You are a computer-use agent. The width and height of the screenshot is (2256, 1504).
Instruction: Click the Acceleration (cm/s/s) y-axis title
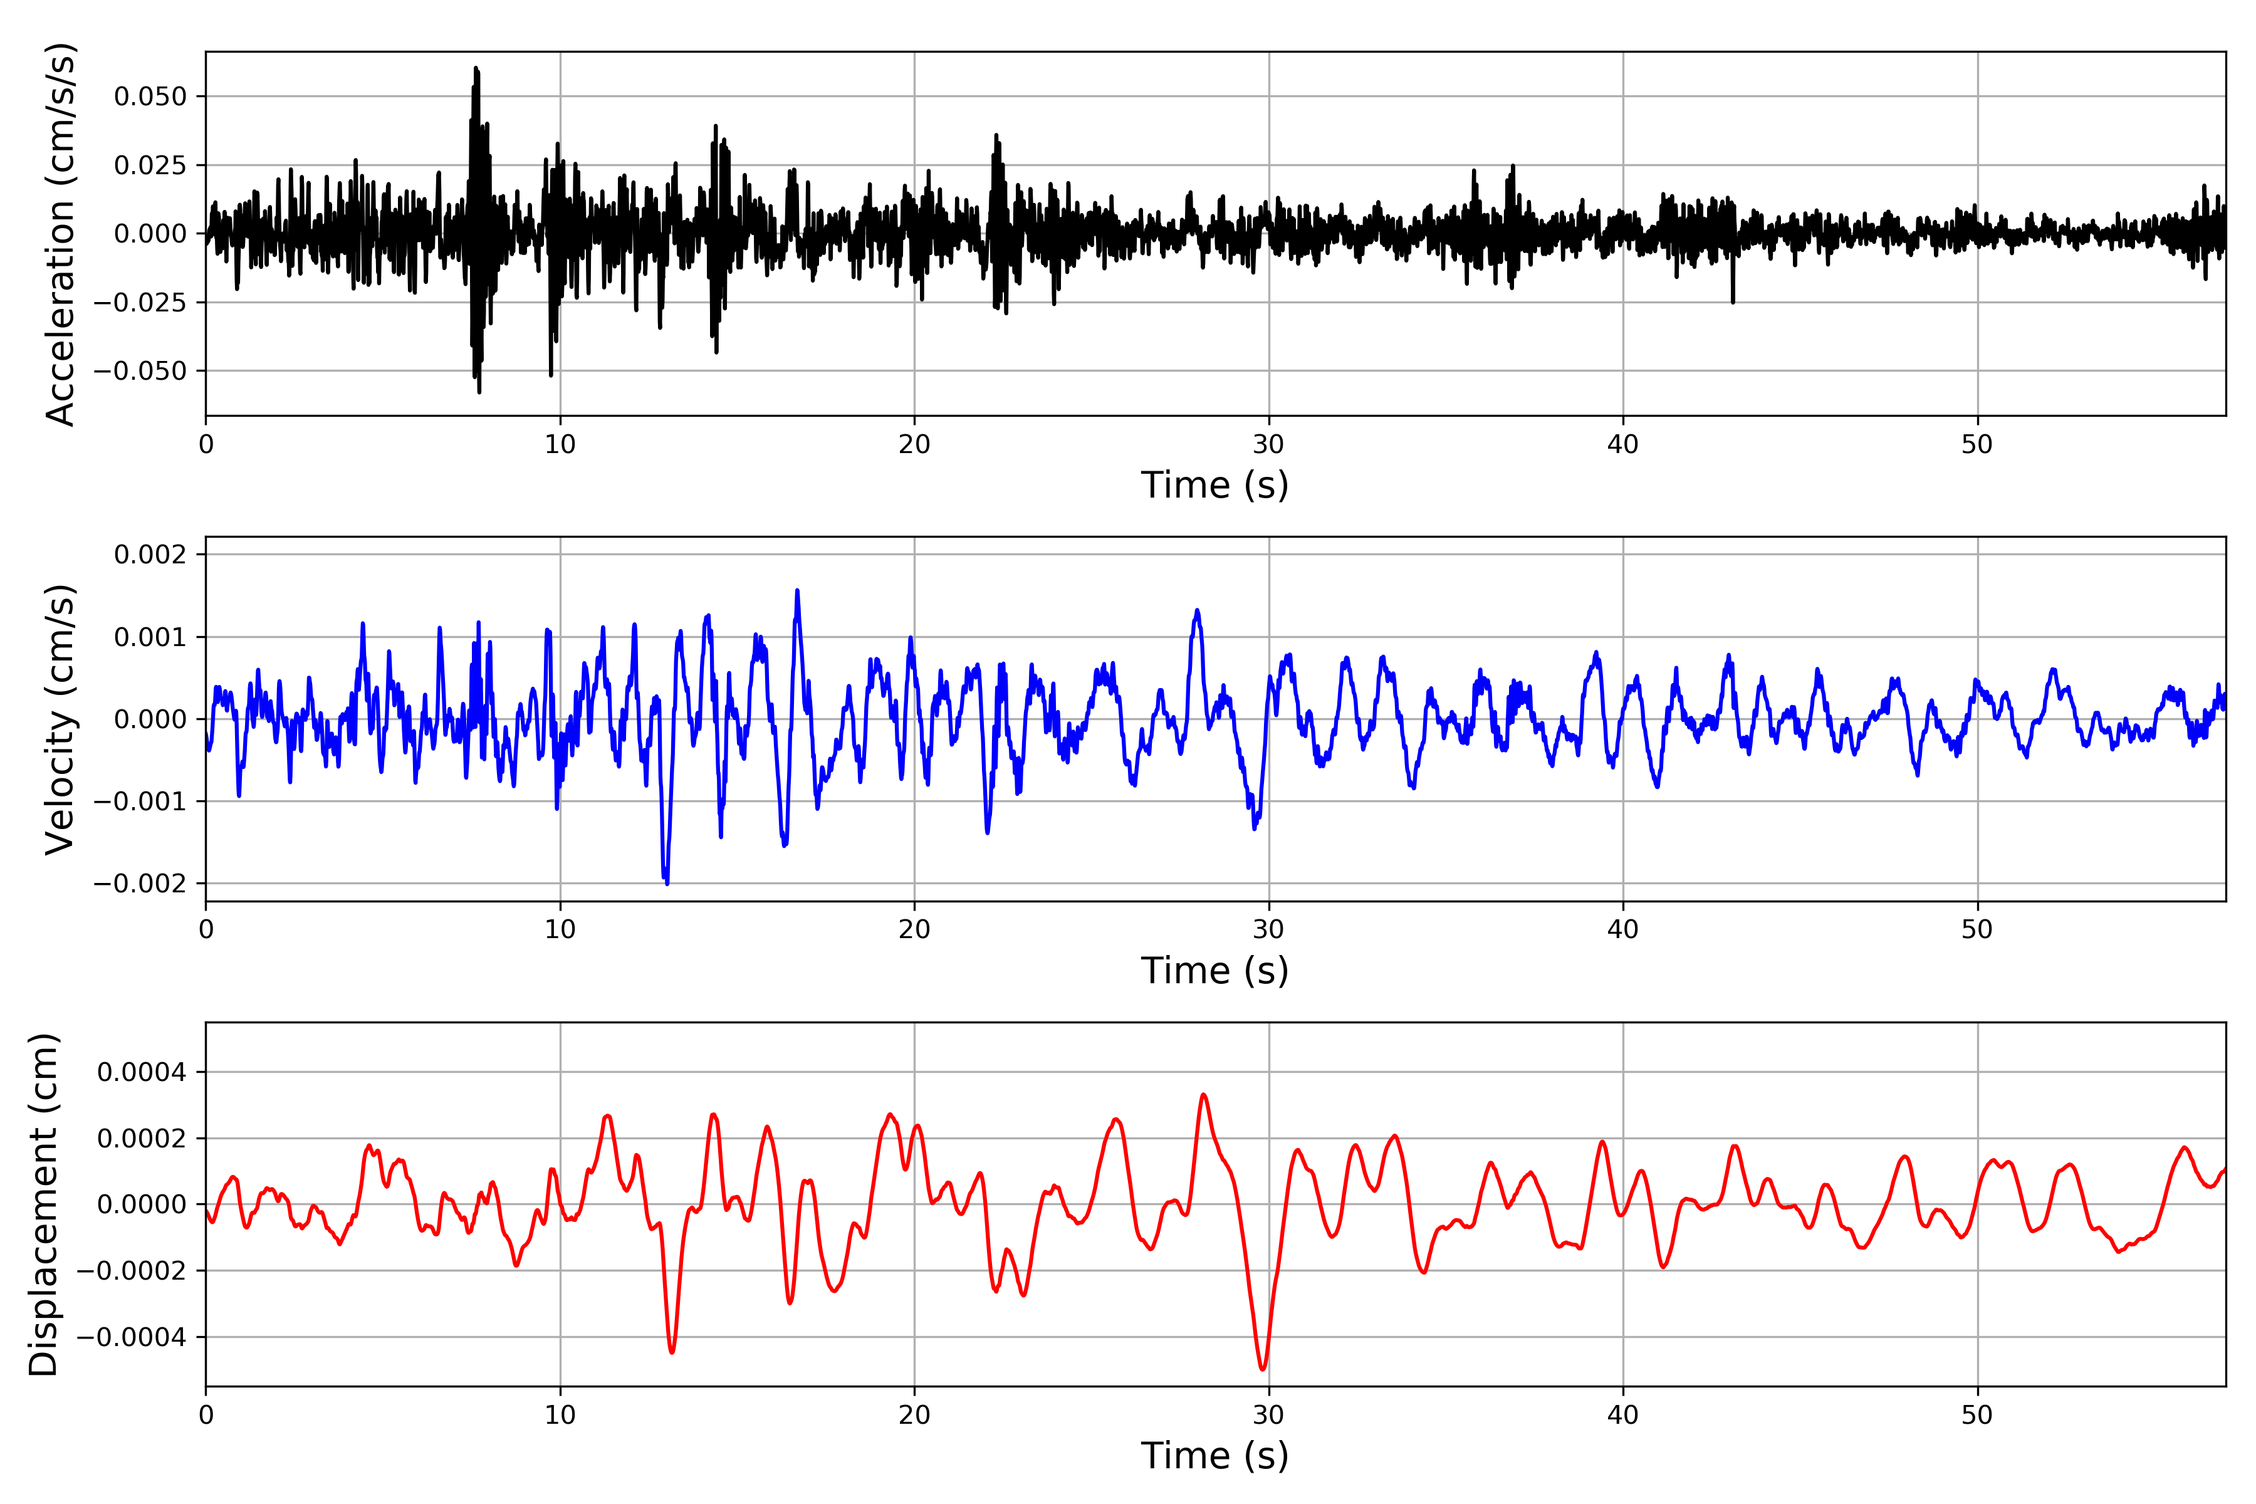(x=60, y=234)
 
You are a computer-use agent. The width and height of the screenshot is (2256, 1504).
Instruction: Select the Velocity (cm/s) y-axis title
(x=60, y=719)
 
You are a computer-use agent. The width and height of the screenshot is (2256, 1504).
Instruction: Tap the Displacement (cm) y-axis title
(x=43, y=1204)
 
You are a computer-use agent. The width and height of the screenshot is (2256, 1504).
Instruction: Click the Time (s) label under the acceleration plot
(x=1214, y=485)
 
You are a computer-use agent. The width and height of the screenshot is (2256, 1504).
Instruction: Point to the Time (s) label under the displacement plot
(x=1214, y=1456)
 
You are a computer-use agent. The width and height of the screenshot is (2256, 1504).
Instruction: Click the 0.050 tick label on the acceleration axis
(x=150, y=97)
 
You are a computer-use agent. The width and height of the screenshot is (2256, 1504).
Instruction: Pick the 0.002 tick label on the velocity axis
(x=150, y=555)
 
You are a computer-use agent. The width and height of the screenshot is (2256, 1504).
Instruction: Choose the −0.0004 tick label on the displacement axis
(x=132, y=1337)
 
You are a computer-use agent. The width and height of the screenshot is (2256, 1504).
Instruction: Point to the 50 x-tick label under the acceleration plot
(x=1977, y=445)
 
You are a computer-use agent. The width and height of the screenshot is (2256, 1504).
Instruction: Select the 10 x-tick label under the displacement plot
(x=560, y=1415)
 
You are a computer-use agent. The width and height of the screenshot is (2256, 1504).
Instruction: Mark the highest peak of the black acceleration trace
(x=475, y=68)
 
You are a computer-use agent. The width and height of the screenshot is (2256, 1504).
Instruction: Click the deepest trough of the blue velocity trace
(x=667, y=882)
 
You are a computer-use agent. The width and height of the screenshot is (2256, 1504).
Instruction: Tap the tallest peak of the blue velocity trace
(x=797, y=591)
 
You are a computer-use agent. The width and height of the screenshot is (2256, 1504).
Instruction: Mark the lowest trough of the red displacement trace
(x=1262, y=1369)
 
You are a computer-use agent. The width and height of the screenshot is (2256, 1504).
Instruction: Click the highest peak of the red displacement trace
(x=1204, y=1094)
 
